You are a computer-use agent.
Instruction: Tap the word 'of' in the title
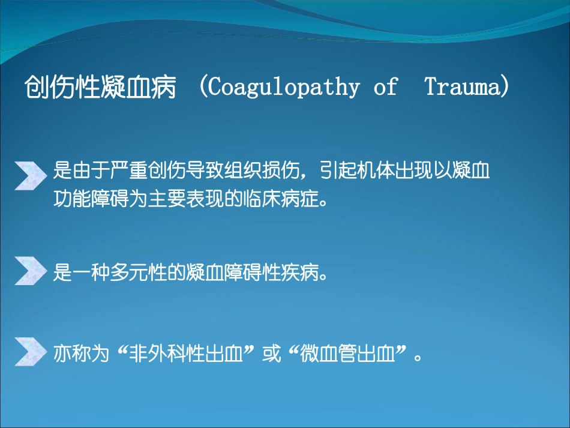click(385, 86)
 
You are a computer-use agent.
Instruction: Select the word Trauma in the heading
click(463, 86)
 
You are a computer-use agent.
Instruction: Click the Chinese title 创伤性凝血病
click(100, 87)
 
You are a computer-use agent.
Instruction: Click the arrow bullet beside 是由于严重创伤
click(31, 176)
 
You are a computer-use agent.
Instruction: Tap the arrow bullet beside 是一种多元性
click(31, 271)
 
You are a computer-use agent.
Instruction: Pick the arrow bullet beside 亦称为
click(31, 352)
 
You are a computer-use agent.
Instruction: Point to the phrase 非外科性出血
click(186, 353)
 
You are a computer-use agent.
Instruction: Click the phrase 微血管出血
click(347, 353)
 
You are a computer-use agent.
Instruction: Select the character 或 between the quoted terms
click(272, 353)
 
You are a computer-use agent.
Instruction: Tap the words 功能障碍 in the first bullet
click(91, 199)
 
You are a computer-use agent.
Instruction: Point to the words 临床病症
click(281, 199)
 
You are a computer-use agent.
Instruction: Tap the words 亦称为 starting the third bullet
click(82, 353)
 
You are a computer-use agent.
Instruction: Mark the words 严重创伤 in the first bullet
click(148, 170)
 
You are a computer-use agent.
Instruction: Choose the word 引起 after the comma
click(338, 170)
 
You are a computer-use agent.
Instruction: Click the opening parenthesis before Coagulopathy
click(203, 86)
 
